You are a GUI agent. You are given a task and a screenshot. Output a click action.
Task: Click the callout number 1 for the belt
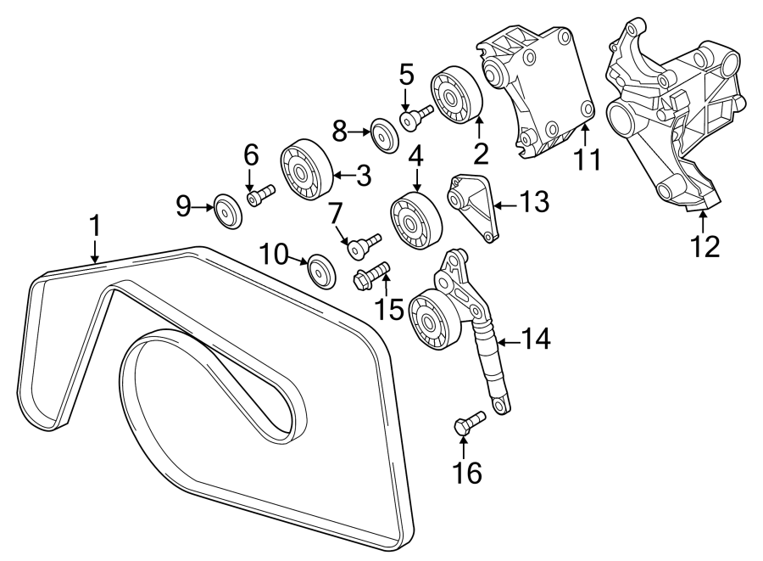click(95, 226)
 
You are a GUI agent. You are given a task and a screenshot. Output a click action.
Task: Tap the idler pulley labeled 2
click(458, 94)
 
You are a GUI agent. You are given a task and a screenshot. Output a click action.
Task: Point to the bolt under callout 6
click(260, 195)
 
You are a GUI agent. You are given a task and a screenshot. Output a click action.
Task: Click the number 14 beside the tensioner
click(536, 339)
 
